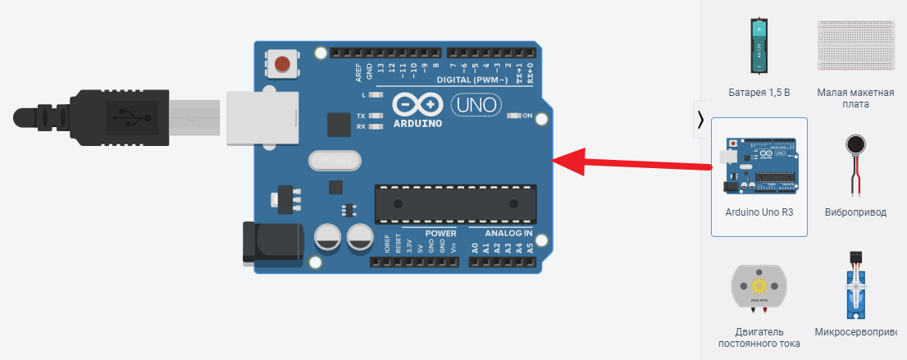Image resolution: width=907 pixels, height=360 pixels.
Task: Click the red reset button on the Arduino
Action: tap(283, 63)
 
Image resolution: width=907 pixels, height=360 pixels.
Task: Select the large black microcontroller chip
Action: tap(456, 203)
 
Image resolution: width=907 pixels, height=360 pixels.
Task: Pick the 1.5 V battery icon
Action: tap(759, 44)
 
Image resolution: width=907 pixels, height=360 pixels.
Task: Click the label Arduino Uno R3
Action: tap(759, 212)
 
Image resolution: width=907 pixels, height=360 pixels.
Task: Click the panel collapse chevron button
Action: tap(700, 120)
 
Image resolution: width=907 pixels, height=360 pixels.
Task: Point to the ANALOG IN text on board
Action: tap(502, 233)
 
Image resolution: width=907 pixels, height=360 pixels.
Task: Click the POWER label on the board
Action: tap(440, 233)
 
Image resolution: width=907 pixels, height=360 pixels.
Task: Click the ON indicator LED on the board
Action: tap(514, 116)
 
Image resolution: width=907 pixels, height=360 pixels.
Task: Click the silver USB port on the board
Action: tap(253, 116)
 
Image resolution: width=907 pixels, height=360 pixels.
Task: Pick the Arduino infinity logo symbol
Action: tap(417, 105)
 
